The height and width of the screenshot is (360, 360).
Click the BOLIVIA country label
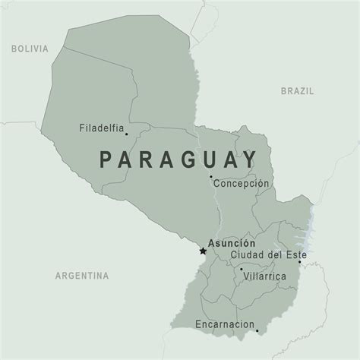[30, 49]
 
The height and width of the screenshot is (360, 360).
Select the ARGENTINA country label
[81, 274]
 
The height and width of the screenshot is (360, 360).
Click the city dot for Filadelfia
[127, 135]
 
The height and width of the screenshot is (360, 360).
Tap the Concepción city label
[242, 184]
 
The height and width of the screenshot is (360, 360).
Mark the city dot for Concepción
[211, 177]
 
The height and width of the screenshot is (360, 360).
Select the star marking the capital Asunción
[202, 250]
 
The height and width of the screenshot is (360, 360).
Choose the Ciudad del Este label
[268, 254]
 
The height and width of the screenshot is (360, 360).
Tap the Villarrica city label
[266, 276]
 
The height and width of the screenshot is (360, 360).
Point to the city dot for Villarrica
[241, 269]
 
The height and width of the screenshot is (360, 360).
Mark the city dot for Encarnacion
[257, 330]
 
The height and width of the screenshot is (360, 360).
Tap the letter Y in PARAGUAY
[248, 161]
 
